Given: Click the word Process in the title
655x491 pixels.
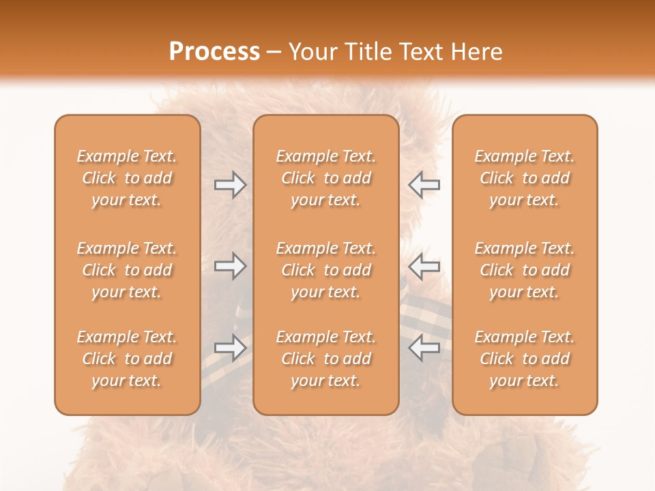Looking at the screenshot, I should pos(214,52).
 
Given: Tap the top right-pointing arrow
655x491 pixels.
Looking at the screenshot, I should pos(230,185).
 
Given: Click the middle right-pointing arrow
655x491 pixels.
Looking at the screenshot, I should pos(230,266).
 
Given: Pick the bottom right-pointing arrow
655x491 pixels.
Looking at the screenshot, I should pos(230,348).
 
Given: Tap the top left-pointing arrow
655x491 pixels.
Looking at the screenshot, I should pos(424,185).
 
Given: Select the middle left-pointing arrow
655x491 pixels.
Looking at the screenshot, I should pos(424,266).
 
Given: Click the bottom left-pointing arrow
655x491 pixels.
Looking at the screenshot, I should pos(424,348).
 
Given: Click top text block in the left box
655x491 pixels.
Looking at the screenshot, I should pos(127,178).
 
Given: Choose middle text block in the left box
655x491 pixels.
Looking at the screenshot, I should pos(127,270).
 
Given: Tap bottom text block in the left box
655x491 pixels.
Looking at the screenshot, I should pos(127,359).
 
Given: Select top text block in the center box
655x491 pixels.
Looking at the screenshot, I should pos(326,178).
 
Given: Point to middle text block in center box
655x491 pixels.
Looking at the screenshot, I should pos(326,270).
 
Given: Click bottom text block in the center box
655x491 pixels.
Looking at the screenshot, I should pos(326,359).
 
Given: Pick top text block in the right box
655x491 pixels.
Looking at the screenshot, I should pos(525,178).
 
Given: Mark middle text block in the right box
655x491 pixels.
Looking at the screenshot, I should pos(525,270).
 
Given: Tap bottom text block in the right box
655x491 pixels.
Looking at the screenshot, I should pos(525,359).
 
